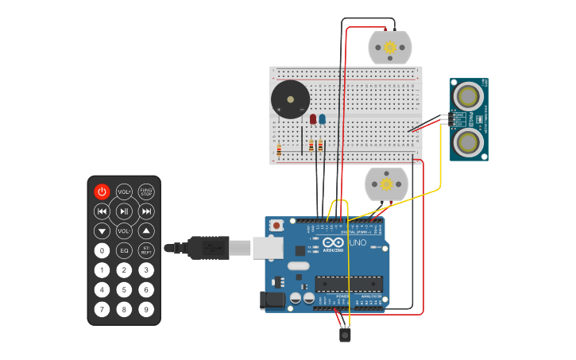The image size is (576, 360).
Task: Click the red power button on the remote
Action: pos(102,192)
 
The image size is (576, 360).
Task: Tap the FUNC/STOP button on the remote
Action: pos(146,192)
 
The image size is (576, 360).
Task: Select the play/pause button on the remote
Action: pos(124,211)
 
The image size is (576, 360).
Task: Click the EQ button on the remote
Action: pos(124,250)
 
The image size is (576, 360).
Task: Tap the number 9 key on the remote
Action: pos(146,309)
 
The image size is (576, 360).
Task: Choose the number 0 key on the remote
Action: pos(102,250)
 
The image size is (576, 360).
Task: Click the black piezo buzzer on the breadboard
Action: pos(290,100)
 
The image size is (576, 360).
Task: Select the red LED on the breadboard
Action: pos(313,119)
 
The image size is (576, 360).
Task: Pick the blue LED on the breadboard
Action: pos(322,119)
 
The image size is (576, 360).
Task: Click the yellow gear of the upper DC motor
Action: pos(390,48)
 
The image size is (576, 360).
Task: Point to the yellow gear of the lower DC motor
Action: pos(386,184)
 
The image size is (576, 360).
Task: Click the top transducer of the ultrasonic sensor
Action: pos(469,97)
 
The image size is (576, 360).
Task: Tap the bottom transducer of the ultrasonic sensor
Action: pos(469,142)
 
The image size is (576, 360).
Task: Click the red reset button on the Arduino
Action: pos(276,226)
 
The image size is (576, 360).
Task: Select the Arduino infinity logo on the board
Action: pos(333,242)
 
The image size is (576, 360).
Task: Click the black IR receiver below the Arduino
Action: pos(345,335)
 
